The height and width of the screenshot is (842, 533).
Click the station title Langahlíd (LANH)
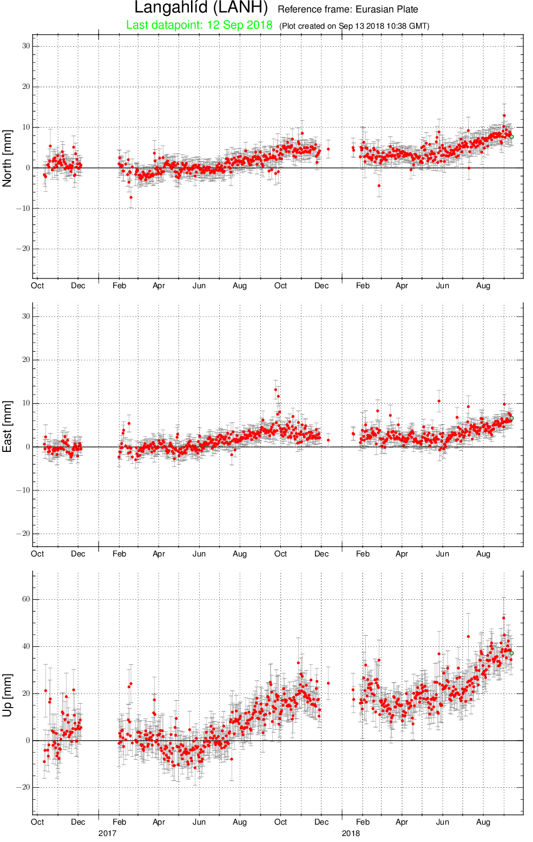point(201,8)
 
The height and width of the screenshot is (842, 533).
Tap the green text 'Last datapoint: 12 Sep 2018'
point(199,25)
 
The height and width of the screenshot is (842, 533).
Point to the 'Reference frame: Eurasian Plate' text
point(348,9)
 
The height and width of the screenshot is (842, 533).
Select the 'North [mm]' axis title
point(7,158)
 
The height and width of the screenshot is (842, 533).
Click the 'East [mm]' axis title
point(7,426)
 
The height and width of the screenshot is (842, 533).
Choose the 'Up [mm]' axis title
point(7,695)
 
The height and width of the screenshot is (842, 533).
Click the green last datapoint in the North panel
point(511,137)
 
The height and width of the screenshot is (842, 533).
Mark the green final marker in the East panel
point(511,418)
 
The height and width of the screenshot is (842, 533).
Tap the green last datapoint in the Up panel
point(511,653)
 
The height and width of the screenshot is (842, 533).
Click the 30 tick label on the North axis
point(26,46)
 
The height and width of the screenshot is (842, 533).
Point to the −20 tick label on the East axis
point(23,534)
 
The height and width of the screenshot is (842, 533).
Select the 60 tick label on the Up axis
point(26,599)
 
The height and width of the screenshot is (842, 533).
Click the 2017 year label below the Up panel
point(107,833)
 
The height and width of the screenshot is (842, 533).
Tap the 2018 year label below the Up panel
point(351,833)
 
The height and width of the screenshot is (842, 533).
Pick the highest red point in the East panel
point(276,390)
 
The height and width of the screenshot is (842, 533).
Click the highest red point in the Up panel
point(504,618)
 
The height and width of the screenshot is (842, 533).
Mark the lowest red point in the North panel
point(131,197)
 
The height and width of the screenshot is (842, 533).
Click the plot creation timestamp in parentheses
point(354,26)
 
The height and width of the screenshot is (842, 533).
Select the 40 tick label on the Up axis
point(26,646)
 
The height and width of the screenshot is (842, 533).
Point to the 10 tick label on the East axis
point(26,403)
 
